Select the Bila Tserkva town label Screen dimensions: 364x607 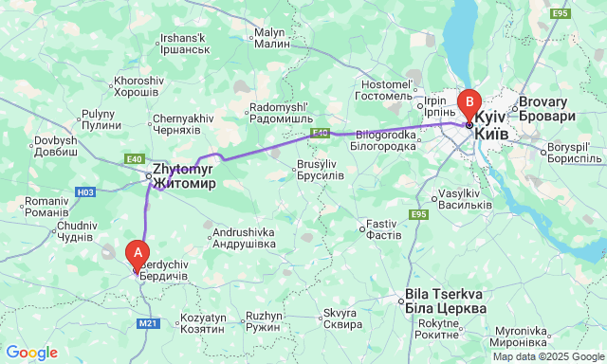pos(446,301)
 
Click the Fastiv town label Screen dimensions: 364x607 pos(381,228)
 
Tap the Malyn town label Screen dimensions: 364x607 pos(272,38)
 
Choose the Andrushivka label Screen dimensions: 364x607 pos(244,238)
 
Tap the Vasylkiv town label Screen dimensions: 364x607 pos(465,199)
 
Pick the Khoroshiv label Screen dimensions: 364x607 pos(138,86)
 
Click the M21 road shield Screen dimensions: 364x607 pos(148,323)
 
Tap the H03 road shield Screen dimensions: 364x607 pos(85,192)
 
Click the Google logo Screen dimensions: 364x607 pos(31,353)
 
